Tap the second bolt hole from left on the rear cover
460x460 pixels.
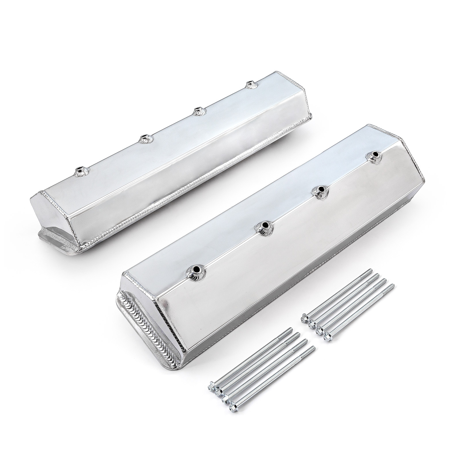[x=143, y=139]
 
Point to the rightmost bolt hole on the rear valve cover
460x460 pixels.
[x=250, y=84]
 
